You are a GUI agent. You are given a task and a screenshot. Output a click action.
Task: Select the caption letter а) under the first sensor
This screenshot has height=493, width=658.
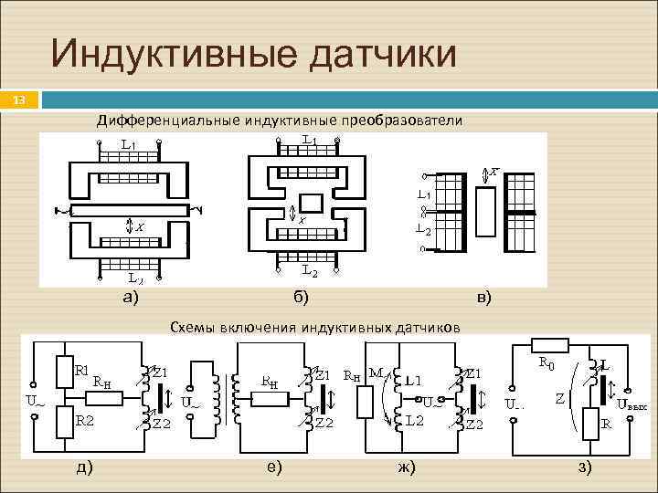tap(132, 296)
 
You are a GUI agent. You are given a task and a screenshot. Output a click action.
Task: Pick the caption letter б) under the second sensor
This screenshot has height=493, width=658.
tap(301, 296)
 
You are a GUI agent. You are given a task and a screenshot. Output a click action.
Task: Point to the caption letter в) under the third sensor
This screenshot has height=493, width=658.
tap(483, 296)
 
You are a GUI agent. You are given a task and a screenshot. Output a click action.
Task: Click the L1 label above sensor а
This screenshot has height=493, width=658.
tap(129, 144)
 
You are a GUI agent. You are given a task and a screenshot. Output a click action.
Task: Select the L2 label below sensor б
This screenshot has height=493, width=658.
tap(310, 271)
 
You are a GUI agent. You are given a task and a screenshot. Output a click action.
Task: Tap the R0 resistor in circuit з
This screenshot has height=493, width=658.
tap(556, 344)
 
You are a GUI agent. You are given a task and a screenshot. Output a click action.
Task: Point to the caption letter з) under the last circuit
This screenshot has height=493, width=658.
tap(585, 467)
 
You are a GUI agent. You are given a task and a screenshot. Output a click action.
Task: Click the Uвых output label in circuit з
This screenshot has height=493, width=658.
tap(633, 404)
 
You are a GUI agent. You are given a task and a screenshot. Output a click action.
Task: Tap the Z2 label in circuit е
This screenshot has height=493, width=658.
tap(323, 424)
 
